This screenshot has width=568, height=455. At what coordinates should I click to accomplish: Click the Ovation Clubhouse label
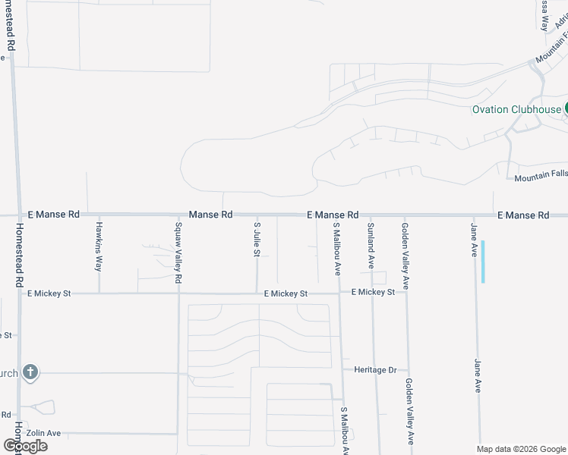tap(516, 109)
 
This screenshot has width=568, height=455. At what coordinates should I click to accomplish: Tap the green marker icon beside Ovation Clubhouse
tap(565, 109)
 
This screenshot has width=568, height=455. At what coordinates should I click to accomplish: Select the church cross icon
tap(30, 372)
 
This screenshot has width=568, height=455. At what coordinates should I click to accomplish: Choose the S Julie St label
tap(257, 240)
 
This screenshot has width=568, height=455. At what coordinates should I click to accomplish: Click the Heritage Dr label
tap(375, 369)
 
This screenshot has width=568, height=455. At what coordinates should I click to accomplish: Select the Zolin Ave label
tap(43, 433)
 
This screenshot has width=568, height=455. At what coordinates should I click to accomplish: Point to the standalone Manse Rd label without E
tap(210, 215)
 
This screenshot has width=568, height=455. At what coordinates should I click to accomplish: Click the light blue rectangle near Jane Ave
tap(482, 262)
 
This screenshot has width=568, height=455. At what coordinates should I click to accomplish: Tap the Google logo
tap(25, 446)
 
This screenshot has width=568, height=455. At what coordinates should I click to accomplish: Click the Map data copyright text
tap(521, 449)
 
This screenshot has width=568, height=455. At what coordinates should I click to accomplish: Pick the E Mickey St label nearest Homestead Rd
tap(49, 293)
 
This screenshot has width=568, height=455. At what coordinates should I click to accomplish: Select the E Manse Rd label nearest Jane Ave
tap(523, 216)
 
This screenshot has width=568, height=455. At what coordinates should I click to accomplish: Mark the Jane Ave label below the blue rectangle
tap(478, 375)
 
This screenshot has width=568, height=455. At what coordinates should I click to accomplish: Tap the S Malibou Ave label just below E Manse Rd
tap(336, 248)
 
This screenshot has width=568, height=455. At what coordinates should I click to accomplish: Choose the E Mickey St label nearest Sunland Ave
tap(373, 292)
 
